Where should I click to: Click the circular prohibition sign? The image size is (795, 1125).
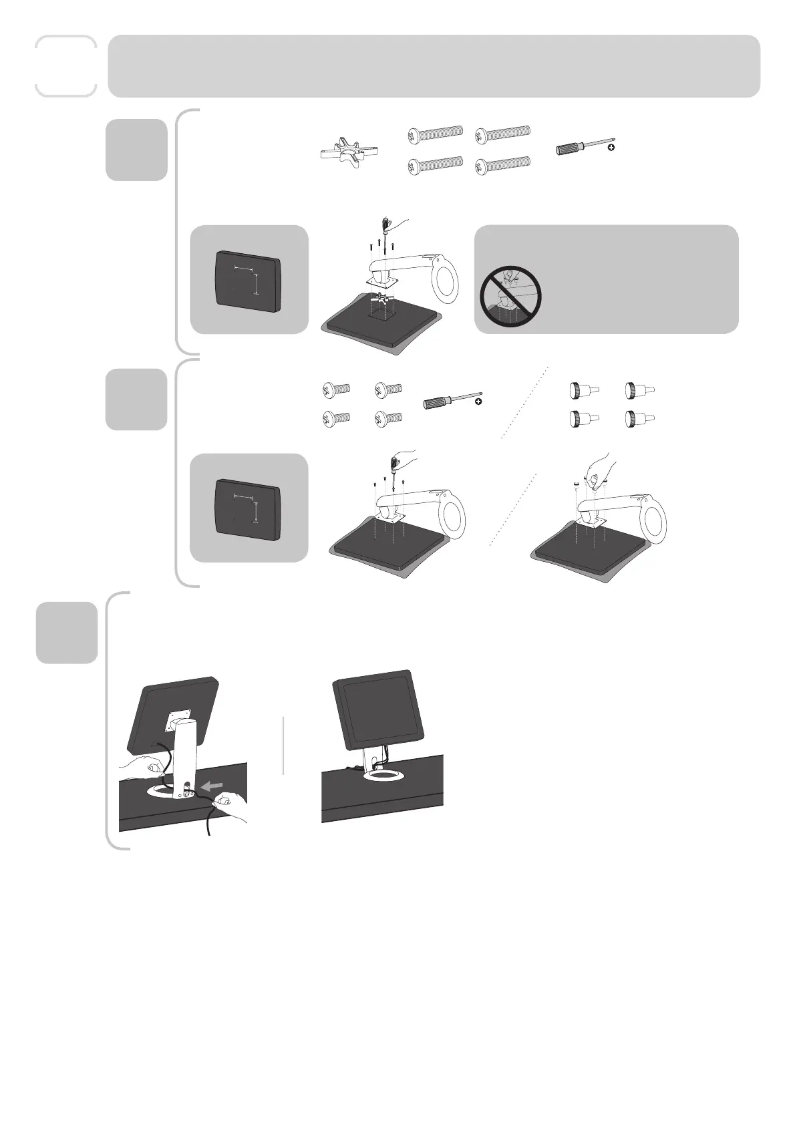[x=510, y=296]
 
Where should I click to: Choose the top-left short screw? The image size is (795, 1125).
[x=336, y=389]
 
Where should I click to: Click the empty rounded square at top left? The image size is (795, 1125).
[x=65, y=66]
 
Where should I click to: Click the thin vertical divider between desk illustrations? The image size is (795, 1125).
[x=284, y=746]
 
